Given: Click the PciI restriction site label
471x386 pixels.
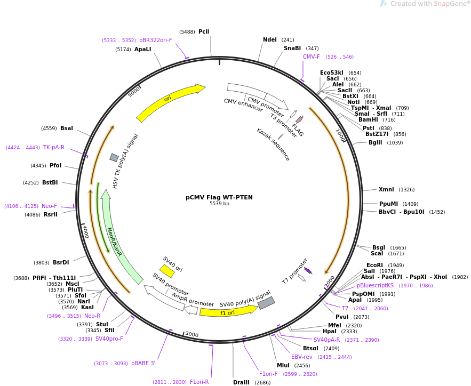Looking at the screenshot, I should [x=204, y=32].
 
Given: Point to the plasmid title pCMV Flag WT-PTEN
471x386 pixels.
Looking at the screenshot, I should [x=219, y=197].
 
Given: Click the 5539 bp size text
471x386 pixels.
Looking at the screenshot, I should [x=219, y=204].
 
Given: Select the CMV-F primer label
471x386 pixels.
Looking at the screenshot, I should [x=312, y=57].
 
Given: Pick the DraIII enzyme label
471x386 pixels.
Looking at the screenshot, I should [x=241, y=382].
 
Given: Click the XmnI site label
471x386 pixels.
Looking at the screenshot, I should [x=386, y=189].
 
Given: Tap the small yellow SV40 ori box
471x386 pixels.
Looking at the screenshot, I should [x=167, y=271].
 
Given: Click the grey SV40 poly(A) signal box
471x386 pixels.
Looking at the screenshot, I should [x=266, y=303].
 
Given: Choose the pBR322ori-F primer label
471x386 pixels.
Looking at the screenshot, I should [x=155, y=40].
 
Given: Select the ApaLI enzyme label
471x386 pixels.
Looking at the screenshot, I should [x=142, y=50].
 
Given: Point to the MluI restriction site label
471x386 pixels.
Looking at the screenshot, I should [x=283, y=365].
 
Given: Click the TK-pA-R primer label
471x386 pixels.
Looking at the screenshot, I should [x=53, y=148].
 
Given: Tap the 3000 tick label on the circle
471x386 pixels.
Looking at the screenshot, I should [x=191, y=334].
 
